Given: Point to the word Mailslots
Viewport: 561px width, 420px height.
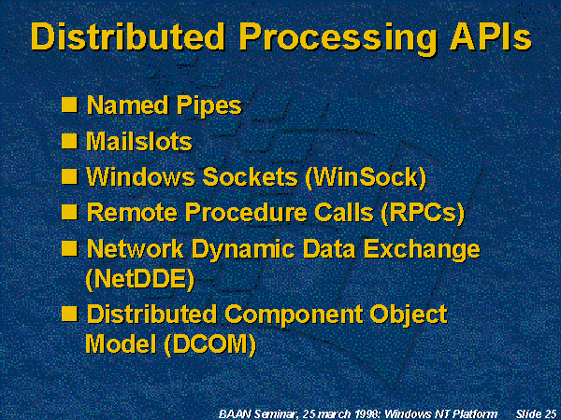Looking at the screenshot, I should pyautogui.click(x=139, y=142).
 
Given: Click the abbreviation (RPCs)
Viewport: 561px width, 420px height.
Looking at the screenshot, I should pyautogui.click(x=423, y=213).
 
